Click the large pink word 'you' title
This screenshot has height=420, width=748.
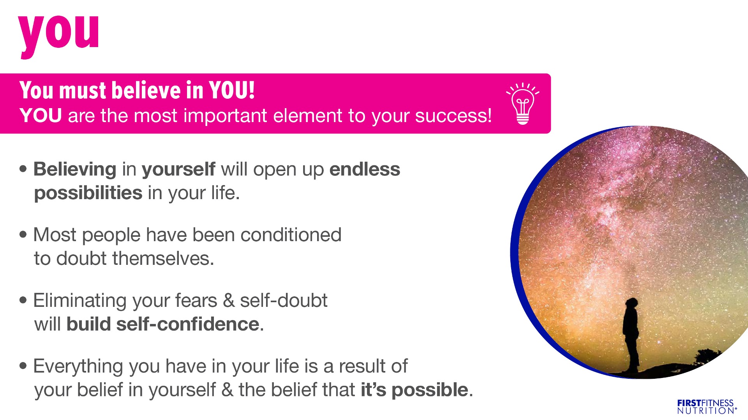coord(58,36)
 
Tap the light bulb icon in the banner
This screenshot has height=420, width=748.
coord(523,103)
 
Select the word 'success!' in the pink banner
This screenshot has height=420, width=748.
coord(453,116)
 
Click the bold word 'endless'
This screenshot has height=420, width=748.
coord(365,169)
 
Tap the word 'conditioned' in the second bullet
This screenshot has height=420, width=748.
coord(291,235)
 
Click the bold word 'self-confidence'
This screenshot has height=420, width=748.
coord(188,324)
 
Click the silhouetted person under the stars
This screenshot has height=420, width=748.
coord(631,334)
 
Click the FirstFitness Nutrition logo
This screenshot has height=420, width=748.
coord(707,407)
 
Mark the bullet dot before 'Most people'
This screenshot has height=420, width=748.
coord(24,234)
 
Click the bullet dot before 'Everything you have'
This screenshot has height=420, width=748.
coord(24,366)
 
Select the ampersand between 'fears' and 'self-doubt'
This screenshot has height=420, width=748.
coord(229,301)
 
